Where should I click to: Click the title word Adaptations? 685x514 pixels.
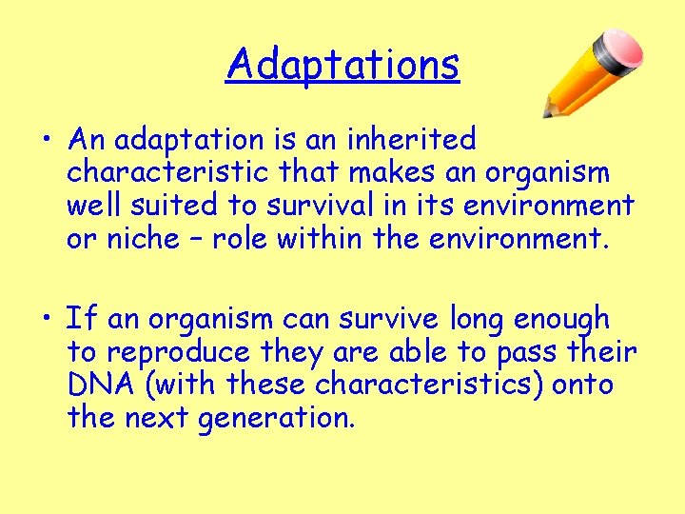point(342,65)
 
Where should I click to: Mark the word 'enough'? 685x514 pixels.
point(561,320)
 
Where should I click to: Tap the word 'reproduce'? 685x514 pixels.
point(178,352)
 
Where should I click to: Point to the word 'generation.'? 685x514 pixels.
point(277,417)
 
